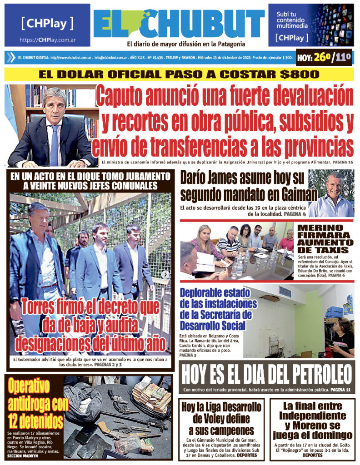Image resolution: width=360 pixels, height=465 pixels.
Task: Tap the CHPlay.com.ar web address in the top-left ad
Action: click(47, 40)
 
